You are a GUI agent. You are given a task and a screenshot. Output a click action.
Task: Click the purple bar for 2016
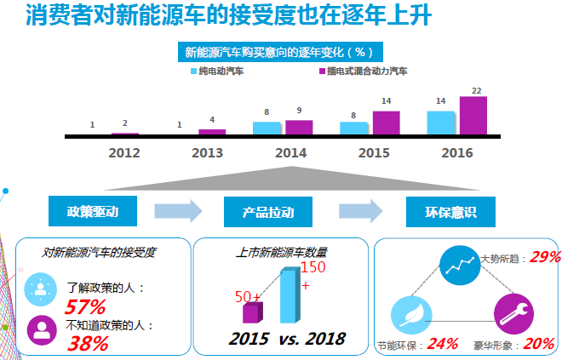pyautogui.click(x=473, y=116)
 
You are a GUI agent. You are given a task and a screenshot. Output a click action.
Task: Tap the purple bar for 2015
pyautogui.click(x=386, y=123)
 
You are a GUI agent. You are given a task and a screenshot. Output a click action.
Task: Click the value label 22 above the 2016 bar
pyautogui.click(x=477, y=90)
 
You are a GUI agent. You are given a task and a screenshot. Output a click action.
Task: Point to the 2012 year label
pyautogui.click(x=124, y=153)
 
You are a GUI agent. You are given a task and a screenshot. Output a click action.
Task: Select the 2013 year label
pyautogui.click(x=207, y=153)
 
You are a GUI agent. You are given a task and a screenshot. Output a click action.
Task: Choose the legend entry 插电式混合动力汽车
pyautogui.click(x=361, y=71)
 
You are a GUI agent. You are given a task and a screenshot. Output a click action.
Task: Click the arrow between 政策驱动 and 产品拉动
pyautogui.click(x=179, y=210)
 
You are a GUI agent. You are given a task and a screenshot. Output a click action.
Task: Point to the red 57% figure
pyautogui.click(x=86, y=307)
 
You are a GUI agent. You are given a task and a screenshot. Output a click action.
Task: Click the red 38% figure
pyautogui.click(x=88, y=344)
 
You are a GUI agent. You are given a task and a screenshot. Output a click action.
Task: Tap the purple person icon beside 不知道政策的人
pyautogui.click(x=41, y=328)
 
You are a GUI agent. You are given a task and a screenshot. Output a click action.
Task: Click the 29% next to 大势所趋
pyautogui.click(x=545, y=257)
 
